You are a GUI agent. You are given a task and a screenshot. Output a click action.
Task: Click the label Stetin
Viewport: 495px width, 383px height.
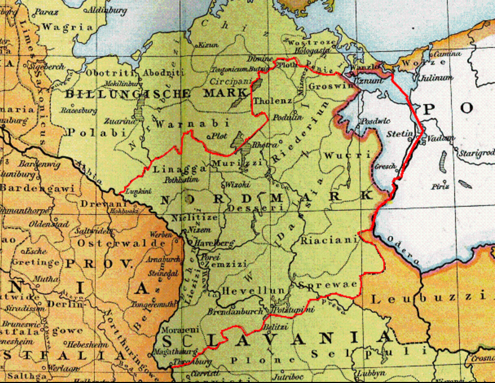click(399, 133)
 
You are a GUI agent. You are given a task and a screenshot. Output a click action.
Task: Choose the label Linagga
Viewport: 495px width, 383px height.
click(173, 169)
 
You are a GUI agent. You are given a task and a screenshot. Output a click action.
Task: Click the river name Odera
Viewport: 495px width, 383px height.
click(403, 250)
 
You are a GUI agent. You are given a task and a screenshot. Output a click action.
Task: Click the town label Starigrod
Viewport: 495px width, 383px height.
click(477, 154)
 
